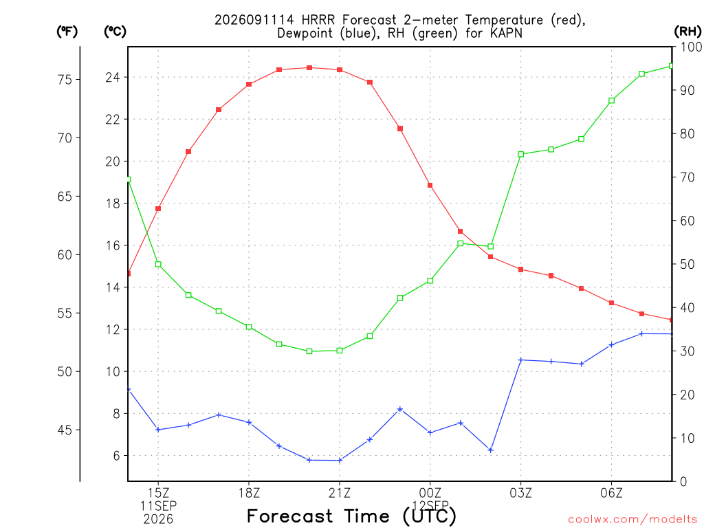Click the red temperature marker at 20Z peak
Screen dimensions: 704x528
click(x=309, y=68)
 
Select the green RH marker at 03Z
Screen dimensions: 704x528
click(x=521, y=155)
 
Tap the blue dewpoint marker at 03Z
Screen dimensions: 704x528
click(x=521, y=360)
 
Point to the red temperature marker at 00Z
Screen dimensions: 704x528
click(x=430, y=186)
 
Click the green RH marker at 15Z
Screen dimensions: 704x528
click(x=158, y=265)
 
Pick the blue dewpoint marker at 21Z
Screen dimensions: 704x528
click(x=340, y=460)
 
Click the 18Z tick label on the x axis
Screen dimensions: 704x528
click(x=249, y=493)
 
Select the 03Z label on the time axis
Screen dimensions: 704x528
click(x=521, y=493)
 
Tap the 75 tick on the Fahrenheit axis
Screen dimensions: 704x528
click(x=65, y=80)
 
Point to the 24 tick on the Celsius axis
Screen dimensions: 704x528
click(x=113, y=77)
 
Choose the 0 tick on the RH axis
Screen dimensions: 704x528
click(x=683, y=482)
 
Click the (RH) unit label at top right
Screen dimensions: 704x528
click(x=687, y=32)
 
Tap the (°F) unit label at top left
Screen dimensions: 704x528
click(x=67, y=32)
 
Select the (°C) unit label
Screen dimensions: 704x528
click(x=115, y=32)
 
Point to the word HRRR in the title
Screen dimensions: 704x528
click(x=318, y=20)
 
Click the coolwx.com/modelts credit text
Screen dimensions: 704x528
click(x=632, y=519)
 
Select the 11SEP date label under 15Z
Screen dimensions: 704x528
click(x=158, y=506)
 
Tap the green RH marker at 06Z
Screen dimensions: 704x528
click(x=611, y=100)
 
